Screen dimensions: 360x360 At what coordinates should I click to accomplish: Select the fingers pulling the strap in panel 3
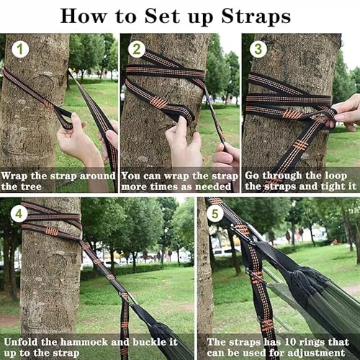346,112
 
